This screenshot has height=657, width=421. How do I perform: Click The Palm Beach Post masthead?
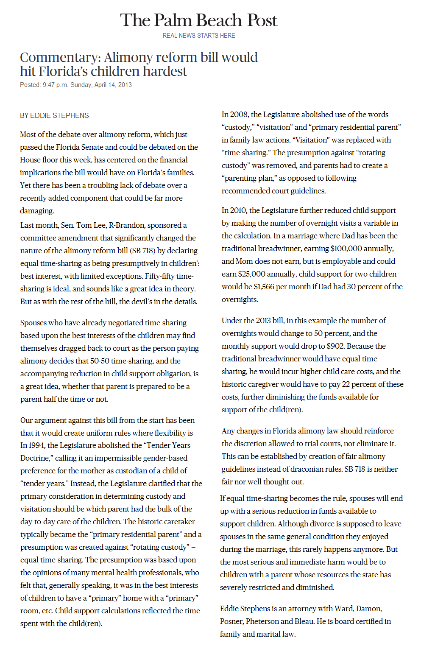(198, 20)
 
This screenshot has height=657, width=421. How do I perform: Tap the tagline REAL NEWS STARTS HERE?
(198, 36)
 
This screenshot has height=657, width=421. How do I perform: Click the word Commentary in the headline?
(60, 57)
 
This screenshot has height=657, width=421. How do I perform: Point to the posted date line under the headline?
(76, 85)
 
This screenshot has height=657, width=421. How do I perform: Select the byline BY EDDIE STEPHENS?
(54, 115)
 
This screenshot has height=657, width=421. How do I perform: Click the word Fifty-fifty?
(159, 276)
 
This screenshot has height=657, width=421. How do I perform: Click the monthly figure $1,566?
(264, 287)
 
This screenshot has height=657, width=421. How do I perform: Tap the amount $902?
(335, 346)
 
